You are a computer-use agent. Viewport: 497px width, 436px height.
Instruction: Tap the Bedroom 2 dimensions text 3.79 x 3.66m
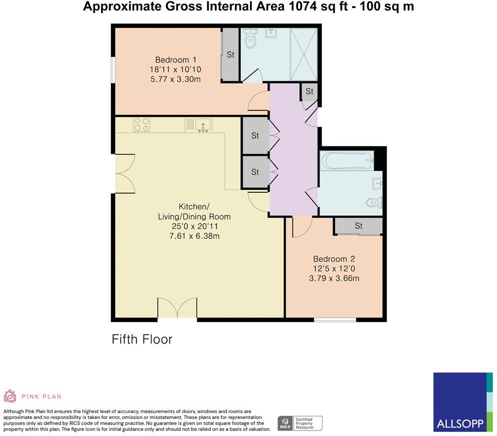[x=334, y=278]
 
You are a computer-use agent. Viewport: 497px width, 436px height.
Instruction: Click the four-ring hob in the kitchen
[x=141, y=125]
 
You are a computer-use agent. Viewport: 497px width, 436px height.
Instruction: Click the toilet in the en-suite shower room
[x=249, y=39]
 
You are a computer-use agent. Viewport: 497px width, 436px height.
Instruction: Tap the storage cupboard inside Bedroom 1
[x=230, y=55]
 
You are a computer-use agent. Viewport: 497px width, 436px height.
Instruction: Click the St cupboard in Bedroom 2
[x=358, y=226]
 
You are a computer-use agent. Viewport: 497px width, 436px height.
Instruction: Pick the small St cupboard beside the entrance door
[x=309, y=91]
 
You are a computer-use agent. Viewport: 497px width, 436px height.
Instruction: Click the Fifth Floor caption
[x=141, y=340]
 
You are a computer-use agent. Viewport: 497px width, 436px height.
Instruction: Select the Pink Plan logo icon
[x=10, y=396]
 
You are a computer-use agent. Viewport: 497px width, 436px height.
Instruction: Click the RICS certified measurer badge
[x=300, y=423]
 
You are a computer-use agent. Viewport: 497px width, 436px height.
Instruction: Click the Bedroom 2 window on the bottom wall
[x=335, y=319]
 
